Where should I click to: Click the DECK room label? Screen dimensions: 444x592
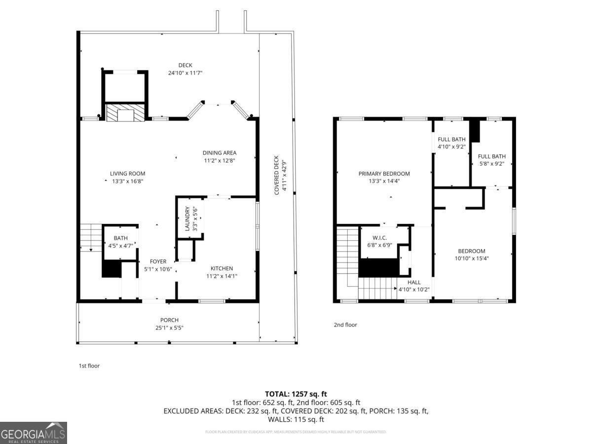coord(185,65)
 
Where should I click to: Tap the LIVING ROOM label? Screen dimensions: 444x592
coord(127,174)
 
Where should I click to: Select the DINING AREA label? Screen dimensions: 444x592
coord(219,153)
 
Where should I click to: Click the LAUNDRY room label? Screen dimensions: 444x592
coord(187,219)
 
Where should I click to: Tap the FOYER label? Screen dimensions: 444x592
coord(158,261)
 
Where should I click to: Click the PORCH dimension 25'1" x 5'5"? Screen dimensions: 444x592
coord(169,328)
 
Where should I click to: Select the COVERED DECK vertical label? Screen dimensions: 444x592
coord(277,175)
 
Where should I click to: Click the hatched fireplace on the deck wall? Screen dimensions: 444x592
coord(125,113)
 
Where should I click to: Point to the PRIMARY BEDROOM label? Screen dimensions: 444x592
coord(384,174)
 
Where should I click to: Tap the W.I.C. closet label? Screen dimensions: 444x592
coord(380,238)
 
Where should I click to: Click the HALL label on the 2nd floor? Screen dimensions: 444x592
coord(414,282)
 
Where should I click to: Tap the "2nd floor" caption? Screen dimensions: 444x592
coord(345,325)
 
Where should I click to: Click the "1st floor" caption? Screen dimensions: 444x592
coord(89,366)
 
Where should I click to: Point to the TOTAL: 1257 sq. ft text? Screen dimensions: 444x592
coord(296,394)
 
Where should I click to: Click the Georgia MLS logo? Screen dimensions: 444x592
coord(34,433)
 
